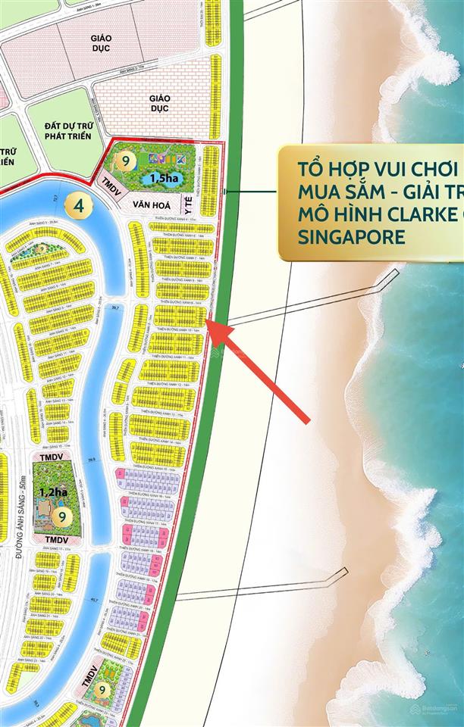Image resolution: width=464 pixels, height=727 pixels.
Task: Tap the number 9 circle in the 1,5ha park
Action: click(127, 161)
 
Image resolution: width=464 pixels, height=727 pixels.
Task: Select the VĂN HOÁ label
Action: click(150, 204)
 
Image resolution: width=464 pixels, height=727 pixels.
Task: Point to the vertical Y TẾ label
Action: click(185, 204)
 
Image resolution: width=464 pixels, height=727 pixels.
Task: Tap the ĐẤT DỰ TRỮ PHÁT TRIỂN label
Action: click(63, 129)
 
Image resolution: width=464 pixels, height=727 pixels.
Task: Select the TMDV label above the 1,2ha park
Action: click(52, 457)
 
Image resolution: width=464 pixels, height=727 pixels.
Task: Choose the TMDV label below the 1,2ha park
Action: click(55, 538)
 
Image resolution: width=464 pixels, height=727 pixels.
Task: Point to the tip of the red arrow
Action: click(209, 325)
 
